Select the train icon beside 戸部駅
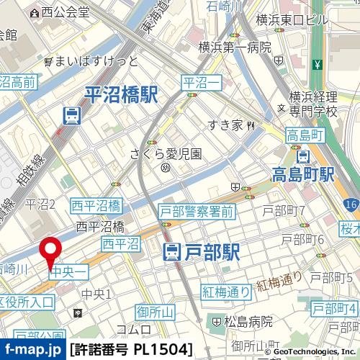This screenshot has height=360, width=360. pyautogui.click(x=172, y=252)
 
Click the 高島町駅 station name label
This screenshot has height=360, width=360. pyautogui.click(x=303, y=174)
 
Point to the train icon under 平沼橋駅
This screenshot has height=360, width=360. pyautogui.click(x=71, y=114)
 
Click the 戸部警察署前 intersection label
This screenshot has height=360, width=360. pyautogui.click(x=197, y=211)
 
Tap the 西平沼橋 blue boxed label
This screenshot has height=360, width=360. pyautogui.click(x=96, y=207)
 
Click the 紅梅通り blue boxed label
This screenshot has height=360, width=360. pyautogui.click(x=226, y=292)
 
